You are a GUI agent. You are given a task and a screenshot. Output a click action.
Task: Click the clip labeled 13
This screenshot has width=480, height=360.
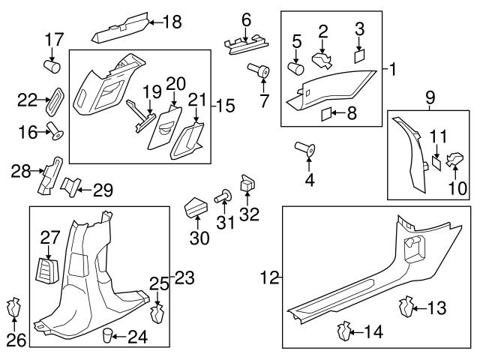click(407, 306)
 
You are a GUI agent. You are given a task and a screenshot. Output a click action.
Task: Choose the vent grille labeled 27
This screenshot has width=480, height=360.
click(49, 267)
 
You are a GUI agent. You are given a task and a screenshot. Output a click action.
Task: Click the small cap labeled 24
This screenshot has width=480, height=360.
click(108, 334)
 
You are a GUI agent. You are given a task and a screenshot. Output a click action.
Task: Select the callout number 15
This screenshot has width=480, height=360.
click(226, 106)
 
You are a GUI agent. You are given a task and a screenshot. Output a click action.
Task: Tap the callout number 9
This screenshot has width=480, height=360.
click(430, 97)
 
